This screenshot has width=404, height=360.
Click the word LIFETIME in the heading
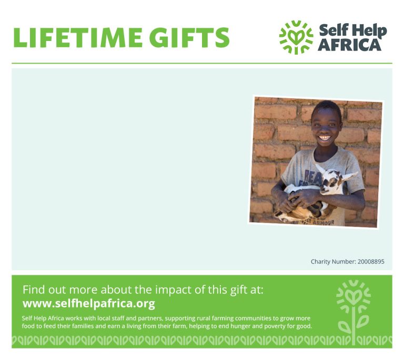(77, 37)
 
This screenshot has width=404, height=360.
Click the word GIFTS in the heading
(189, 37)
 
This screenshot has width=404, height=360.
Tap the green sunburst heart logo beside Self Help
(296, 37)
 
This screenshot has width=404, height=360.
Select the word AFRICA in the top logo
(350, 45)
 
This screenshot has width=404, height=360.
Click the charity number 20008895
(371, 262)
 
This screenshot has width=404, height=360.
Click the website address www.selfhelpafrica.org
(88, 303)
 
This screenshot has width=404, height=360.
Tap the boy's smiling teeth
(325, 137)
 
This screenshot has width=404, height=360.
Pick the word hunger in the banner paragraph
(240, 326)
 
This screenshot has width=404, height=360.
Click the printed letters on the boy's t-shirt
(312, 178)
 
